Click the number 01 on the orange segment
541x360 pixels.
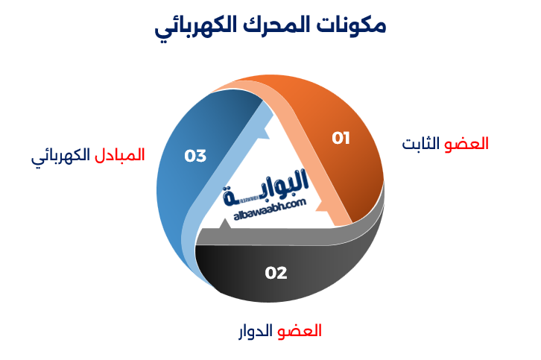point(341,138)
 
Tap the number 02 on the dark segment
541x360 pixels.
point(276,273)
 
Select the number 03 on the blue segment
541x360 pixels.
point(195,156)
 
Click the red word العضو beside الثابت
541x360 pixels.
point(467,144)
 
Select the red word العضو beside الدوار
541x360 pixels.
point(300,331)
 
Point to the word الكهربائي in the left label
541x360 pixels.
point(60,157)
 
